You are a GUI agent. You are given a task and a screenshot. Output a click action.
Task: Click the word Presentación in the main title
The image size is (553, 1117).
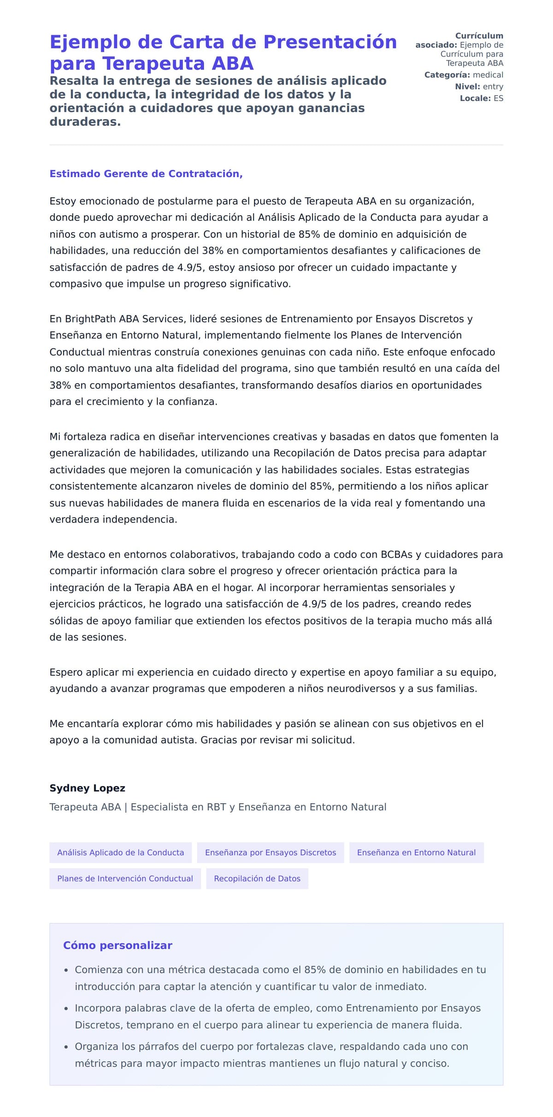(330, 42)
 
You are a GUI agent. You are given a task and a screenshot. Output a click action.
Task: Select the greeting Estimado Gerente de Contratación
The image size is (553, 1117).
(146, 174)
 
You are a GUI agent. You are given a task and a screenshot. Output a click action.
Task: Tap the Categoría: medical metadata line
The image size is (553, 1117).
(463, 75)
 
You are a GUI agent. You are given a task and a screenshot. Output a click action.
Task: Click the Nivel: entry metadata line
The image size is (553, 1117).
(479, 86)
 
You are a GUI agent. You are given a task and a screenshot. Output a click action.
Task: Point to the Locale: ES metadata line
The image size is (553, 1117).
(481, 98)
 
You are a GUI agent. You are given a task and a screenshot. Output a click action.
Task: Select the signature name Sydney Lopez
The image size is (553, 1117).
(87, 788)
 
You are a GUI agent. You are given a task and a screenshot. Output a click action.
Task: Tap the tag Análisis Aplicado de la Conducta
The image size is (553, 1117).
(120, 852)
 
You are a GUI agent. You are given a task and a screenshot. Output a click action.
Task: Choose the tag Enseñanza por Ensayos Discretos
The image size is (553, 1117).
(271, 852)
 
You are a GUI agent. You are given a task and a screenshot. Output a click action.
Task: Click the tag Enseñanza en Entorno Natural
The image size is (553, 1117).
(416, 852)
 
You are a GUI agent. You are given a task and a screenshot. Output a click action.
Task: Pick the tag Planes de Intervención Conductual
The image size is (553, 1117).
(125, 878)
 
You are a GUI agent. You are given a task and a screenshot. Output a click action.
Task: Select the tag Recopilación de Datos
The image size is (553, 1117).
(257, 878)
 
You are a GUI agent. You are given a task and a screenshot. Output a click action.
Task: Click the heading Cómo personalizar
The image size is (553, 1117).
(118, 945)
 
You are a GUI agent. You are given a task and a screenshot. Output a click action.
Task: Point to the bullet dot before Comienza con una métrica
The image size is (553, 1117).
(66, 970)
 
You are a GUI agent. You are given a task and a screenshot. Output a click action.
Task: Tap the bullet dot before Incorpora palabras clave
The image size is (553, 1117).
(66, 1009)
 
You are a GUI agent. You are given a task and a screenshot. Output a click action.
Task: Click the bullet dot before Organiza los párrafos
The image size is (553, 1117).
(66, 1047)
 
